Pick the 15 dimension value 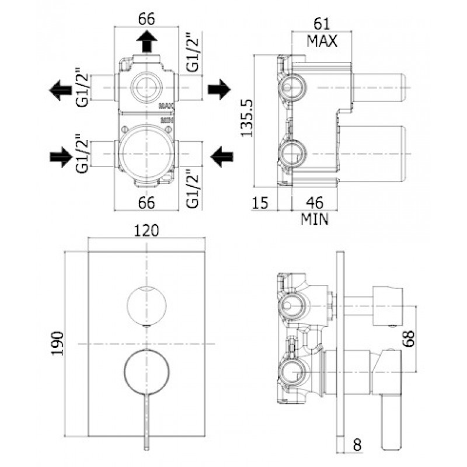[261, 203]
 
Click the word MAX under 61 [322, 41]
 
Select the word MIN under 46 [315, 219]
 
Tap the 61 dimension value [322, 24]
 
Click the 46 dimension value [315, 203]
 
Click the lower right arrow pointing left [219, 156]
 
